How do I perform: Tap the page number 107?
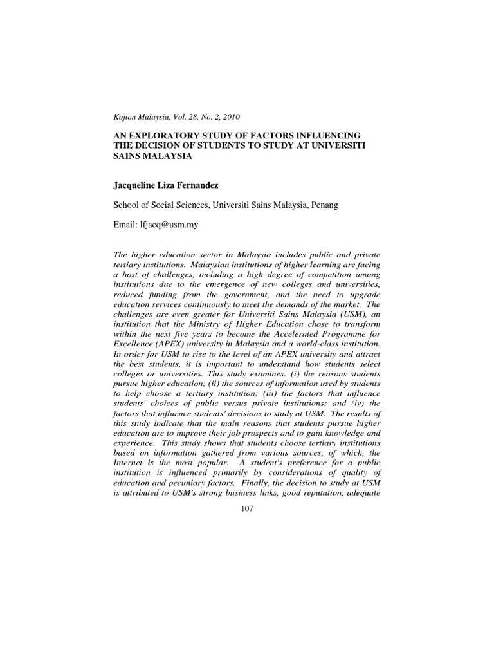coord(247,508)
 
